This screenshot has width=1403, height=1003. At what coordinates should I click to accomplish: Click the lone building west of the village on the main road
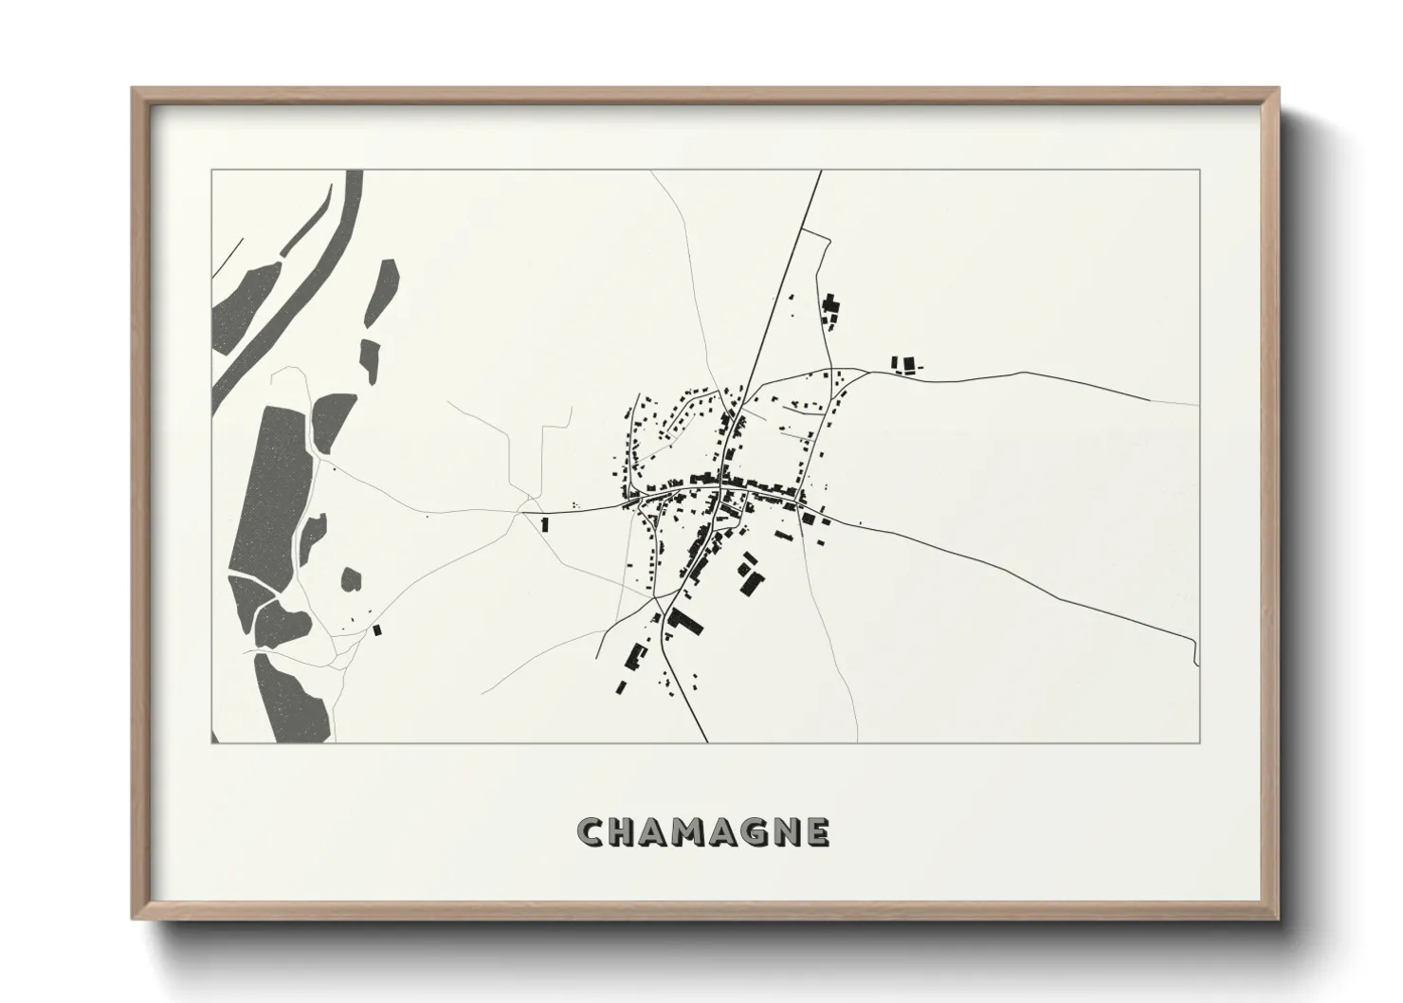[x=544, y=522]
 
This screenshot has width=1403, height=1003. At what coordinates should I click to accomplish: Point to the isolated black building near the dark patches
[x=376, y=629]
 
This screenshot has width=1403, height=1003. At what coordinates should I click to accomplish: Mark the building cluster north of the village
[x=831, y=310]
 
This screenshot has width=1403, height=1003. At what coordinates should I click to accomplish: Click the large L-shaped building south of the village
[x=686, y=623]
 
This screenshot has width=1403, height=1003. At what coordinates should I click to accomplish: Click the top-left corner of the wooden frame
[x=135, y=90]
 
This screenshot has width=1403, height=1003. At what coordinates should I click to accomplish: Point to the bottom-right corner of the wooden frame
[x=1279, y=918]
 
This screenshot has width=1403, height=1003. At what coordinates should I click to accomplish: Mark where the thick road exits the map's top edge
[x=819, y=172]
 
